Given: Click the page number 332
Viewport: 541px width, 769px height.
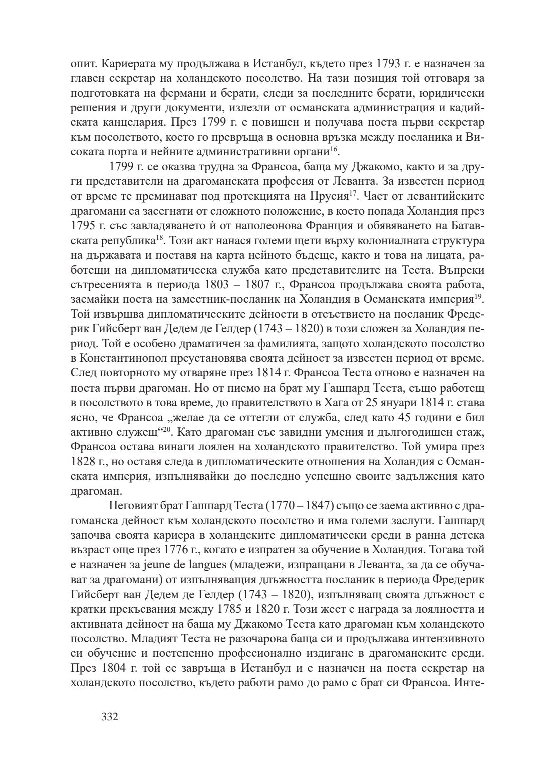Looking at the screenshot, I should click(109, 717).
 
